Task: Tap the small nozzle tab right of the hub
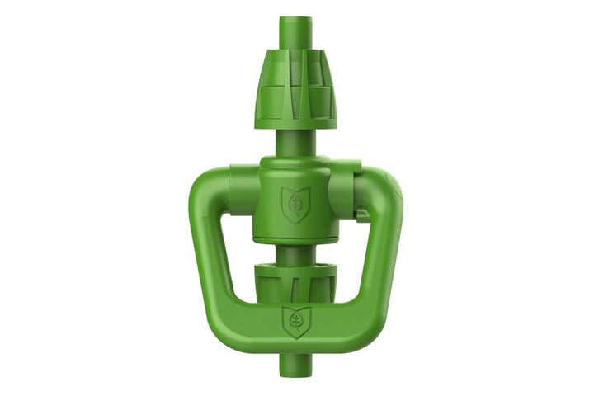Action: [x=363, y=214]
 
